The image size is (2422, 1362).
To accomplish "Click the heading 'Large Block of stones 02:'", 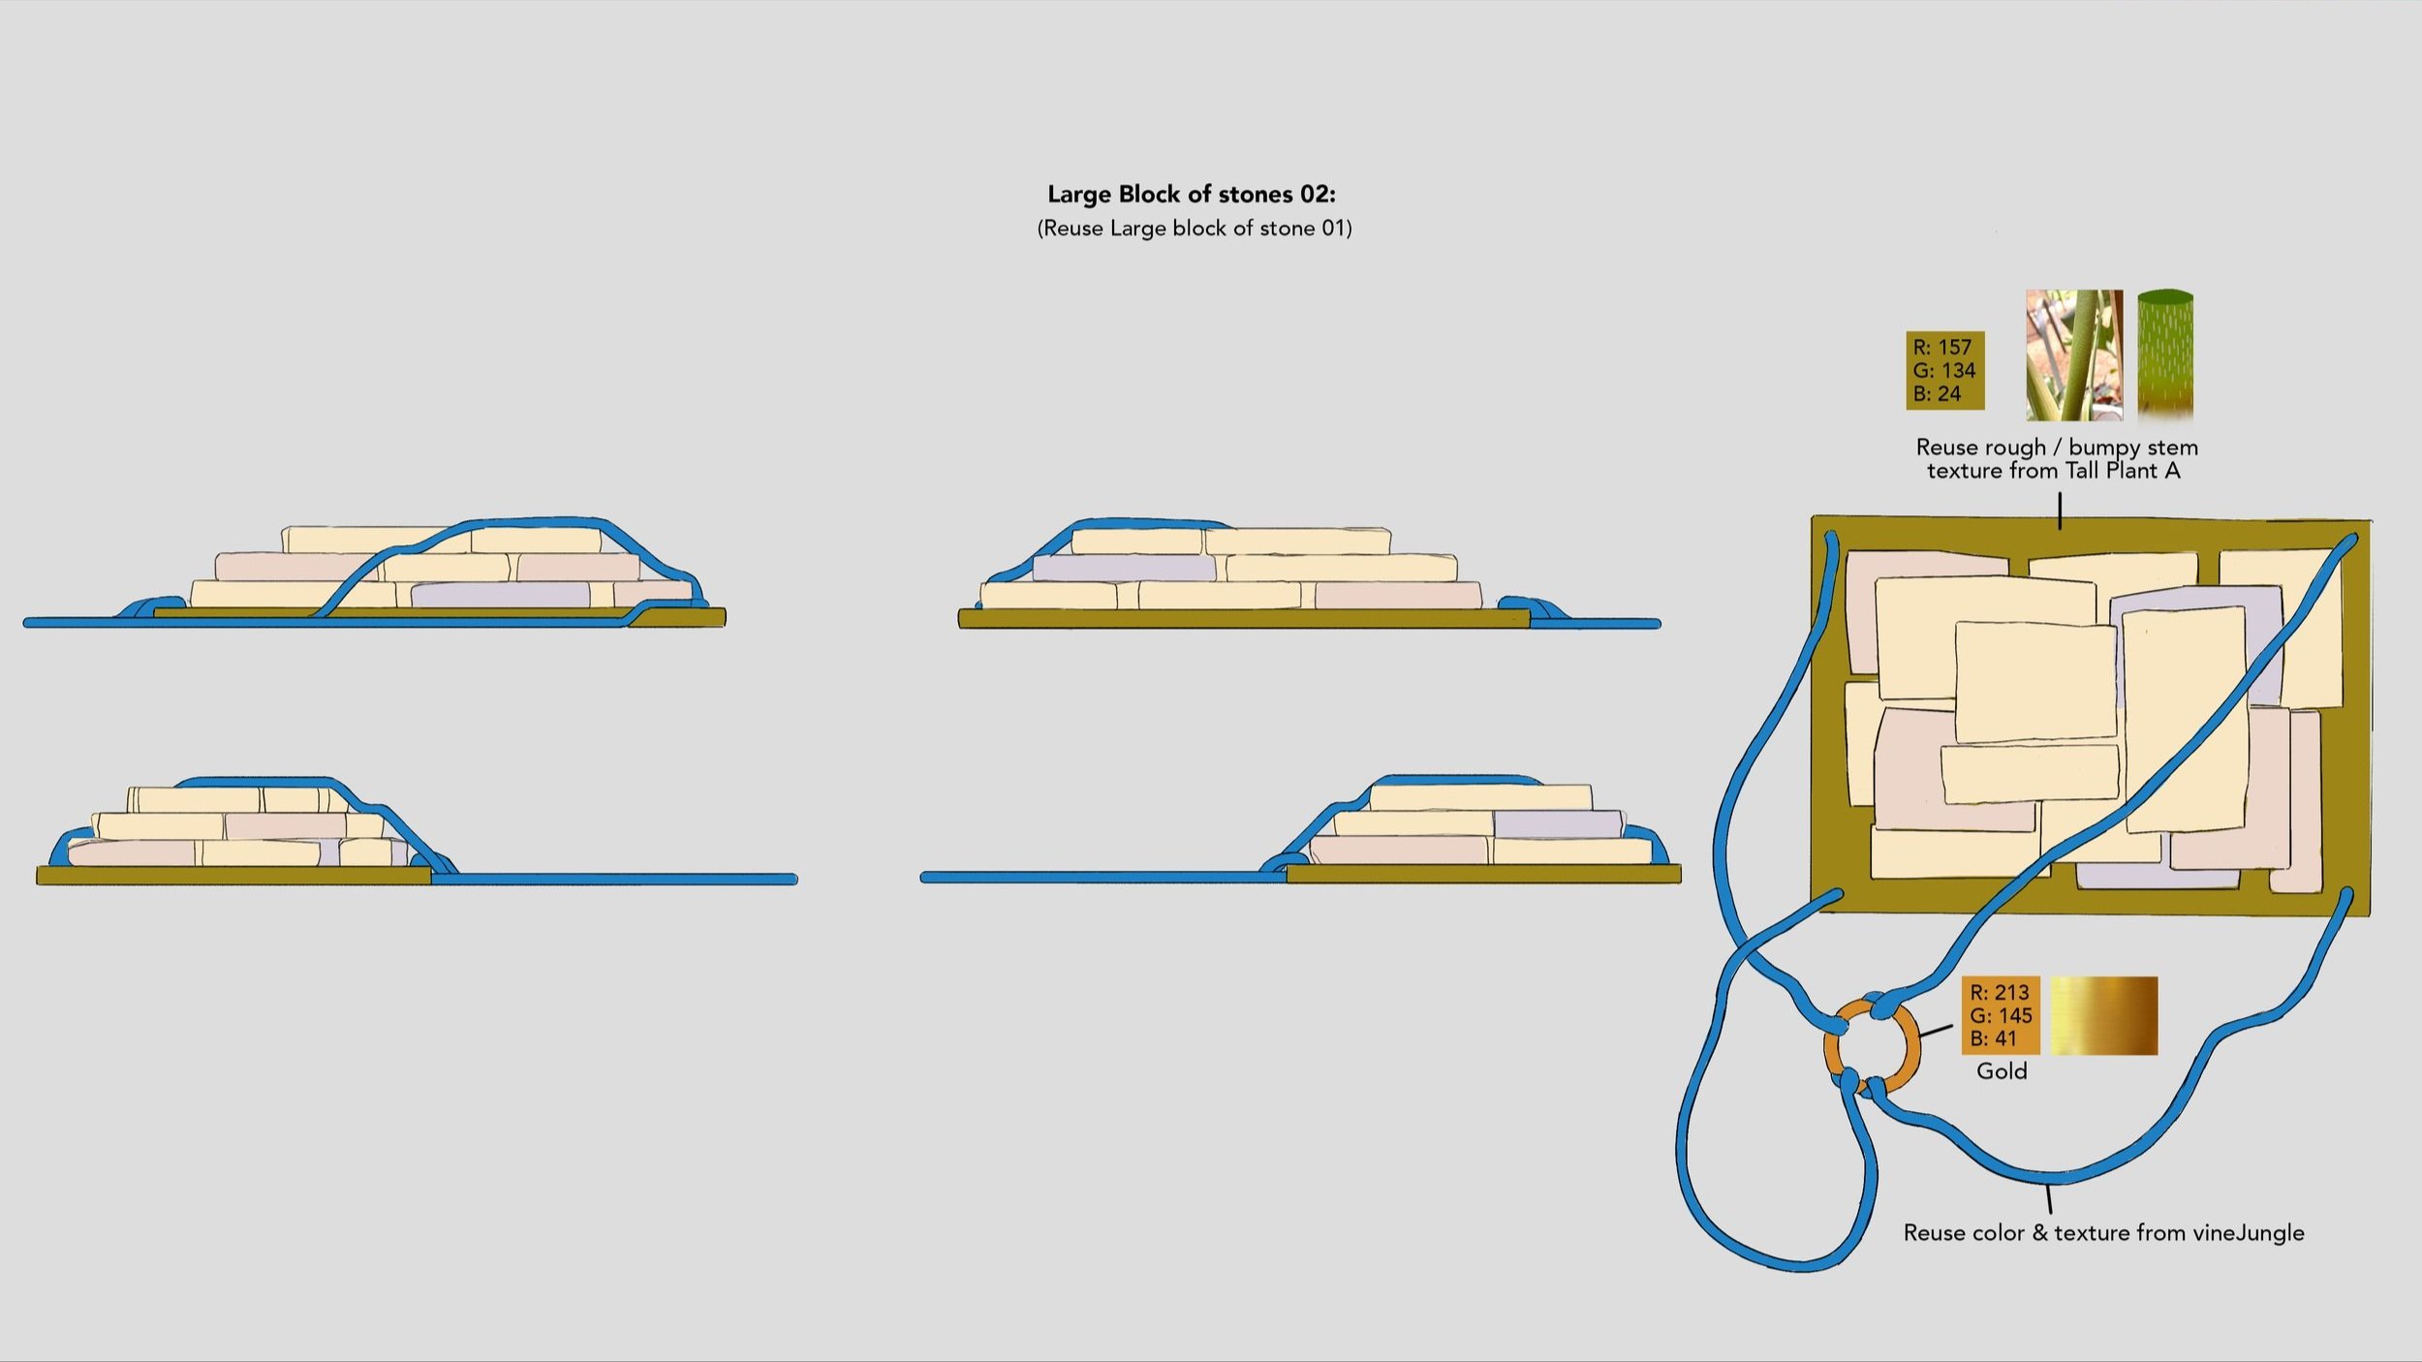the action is [x=1191, y=194].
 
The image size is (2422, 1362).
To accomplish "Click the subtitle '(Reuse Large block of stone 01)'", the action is [x=1194, y=228].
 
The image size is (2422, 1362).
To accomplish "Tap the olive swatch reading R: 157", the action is [x=1944, y=370].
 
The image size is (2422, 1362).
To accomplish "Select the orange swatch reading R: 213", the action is [x=2001, y=1015].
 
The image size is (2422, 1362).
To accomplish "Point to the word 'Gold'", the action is [x=2002, y=1070].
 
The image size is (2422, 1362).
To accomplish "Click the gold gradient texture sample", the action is [x=2103, y=1015].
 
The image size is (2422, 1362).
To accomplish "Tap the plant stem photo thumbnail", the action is [x=2073, y=355].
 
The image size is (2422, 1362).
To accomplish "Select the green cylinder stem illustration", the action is [x=2164, y=355].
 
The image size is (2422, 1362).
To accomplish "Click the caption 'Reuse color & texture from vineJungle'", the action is [x=2103, y=1232].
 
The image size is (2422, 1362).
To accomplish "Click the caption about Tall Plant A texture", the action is [x=2056, y=459].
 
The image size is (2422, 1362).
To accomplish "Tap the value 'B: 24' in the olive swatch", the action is [x=1937, y=393].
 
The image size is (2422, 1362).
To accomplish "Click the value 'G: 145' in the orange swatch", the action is [x=2001, y=1015].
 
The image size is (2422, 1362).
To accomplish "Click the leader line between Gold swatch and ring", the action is [x=1936, y=1031].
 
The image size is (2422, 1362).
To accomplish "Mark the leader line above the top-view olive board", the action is [x=2060, y=511].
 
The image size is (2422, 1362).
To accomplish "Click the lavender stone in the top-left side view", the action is [x=500, y=594].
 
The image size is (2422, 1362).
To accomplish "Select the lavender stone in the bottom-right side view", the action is [x=1557, y=824].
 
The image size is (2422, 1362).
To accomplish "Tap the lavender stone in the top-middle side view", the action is [x=1124, y=568].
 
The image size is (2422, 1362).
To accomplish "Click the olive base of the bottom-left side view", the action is [x=233, y=876].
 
